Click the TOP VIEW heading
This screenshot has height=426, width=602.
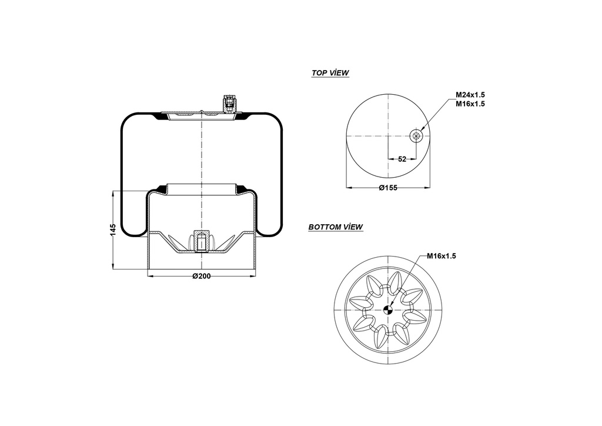pyautogui.click(x=330, y=73)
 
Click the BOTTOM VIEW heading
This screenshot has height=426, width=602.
pyautogui.click(x=335, y=227)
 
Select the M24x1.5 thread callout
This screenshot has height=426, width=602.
pyautogui.click(x=470, y=95)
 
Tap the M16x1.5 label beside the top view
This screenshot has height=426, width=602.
pyautogui.click(x=470, y=104)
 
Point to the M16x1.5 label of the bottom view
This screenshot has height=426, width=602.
pyautogui.click(x=441, y=256)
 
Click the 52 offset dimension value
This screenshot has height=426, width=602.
pyautogui.click(x=402, y=159)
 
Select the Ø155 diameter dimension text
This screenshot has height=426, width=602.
pyautogui.click(x=388, y=188)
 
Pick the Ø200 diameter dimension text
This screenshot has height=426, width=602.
pyautogui.click(x=202, y=277)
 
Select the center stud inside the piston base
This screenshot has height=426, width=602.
pyautogui.click(x=201, y=242)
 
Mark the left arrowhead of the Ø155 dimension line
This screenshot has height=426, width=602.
pyautogui.click(x=349, y=188)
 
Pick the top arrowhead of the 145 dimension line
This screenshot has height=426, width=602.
pyautogui.click(x=113, y=193)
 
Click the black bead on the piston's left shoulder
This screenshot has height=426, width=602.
pyautogui.click(x=158, y=189)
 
